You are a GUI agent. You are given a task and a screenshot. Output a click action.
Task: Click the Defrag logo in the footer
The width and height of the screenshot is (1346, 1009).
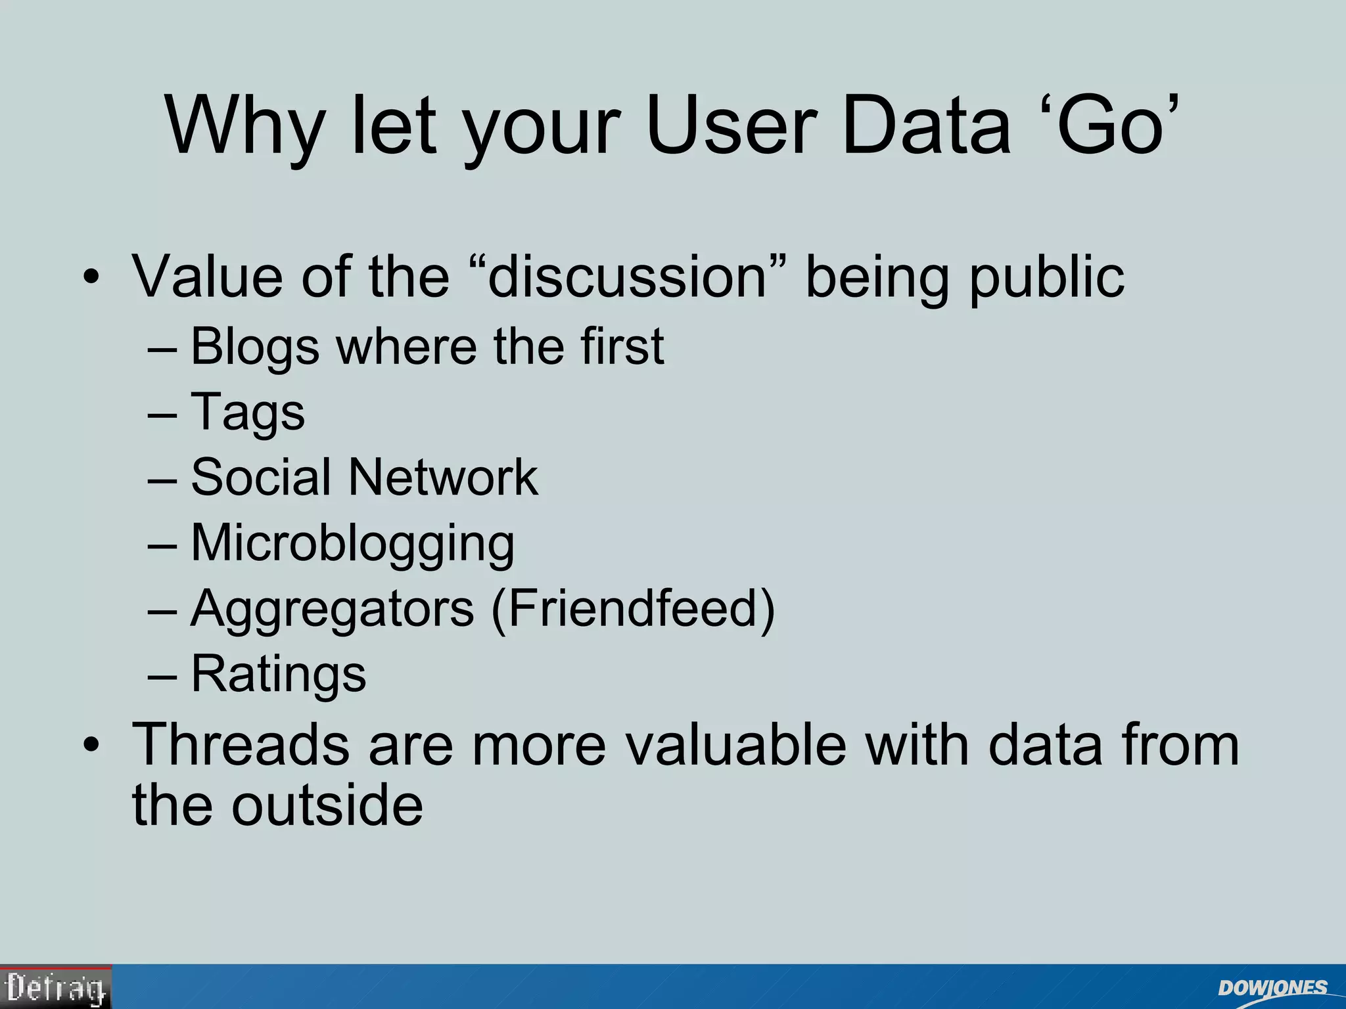tap(56, 987)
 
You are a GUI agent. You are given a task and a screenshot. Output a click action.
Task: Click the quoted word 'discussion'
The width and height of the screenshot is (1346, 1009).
tap(628, 277)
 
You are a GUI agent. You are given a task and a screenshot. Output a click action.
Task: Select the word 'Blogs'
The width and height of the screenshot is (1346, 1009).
tap(255, 347)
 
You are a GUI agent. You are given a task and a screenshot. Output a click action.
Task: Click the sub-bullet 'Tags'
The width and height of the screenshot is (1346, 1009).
tap(248, 413)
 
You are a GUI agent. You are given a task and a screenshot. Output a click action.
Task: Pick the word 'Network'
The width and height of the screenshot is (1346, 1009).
tap(443, 478)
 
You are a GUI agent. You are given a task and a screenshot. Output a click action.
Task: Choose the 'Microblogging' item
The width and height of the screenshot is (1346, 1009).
tap(352, 544)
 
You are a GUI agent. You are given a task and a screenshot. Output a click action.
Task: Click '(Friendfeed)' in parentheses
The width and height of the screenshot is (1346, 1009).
tap(634, 609)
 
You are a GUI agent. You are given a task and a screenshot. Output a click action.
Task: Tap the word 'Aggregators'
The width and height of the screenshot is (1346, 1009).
tap(332, 609)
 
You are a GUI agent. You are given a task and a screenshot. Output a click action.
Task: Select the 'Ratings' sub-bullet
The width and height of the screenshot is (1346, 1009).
tap(278, 674)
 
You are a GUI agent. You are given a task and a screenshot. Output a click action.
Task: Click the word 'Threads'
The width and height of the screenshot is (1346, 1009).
tap(241, 745)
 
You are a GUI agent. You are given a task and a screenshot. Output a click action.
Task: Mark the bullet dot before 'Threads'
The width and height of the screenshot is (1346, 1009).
tap(91, 746)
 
